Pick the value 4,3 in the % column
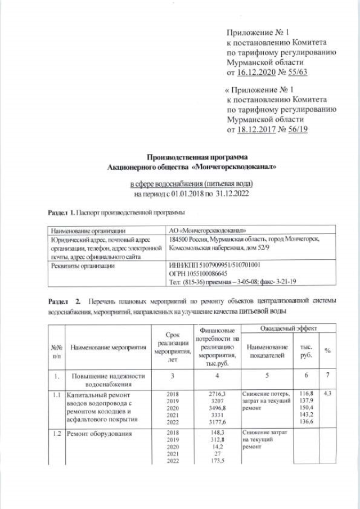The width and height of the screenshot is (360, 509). pyautogui.click(x=327, y=395)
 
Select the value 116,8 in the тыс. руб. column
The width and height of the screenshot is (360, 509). pyautogui.click(x=307, y=395)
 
